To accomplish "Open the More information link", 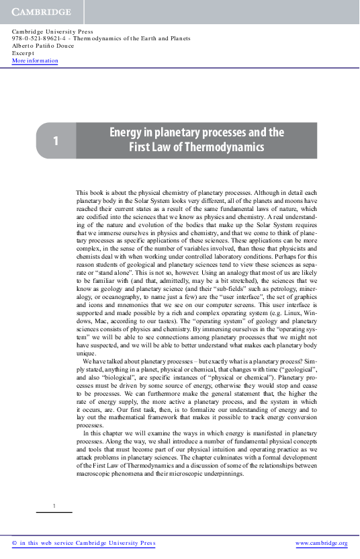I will (35, 61).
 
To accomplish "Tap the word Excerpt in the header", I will (24, 54).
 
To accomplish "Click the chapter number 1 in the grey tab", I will (56, 140).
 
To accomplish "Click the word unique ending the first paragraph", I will (86, 353).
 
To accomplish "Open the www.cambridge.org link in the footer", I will (321, 543).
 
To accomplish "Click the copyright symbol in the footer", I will (15, 543).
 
